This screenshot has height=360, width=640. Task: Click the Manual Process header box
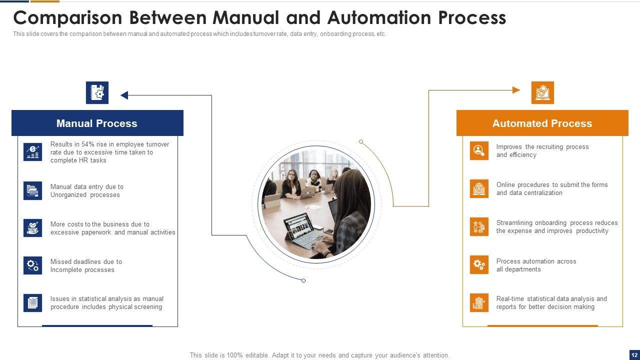[x=97, y=123]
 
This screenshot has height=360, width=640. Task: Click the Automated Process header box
[x=542, y=123]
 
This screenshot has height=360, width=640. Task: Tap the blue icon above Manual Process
[x=97, y=92]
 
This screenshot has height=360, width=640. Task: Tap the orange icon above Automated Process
[x=542, y=92]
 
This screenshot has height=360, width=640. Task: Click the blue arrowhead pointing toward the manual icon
[x=124, y=95]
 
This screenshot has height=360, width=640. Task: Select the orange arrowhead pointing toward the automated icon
[x=516, y=90]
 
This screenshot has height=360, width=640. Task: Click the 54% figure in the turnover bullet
[x=88, y=144]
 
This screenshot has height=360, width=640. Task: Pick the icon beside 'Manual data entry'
[x=32, y=190]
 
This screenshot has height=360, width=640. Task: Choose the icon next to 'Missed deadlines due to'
[x=32, y=265]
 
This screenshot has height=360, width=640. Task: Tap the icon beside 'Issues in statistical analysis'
[x=32, y=303]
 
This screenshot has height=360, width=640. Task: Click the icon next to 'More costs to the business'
[x=32, y=228]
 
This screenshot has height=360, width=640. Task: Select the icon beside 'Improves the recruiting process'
[x=479, y=150]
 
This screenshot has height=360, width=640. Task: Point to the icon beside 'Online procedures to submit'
[x=479, y=188]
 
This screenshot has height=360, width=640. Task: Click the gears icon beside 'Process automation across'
[x=479, y=265]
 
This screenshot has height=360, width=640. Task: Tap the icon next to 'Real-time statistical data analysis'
[x=479, y=303]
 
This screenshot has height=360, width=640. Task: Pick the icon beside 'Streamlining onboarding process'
[x=479, y=226]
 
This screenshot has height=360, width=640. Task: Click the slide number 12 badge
[x=634, y=354]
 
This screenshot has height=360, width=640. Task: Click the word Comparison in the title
[x=67, y=18]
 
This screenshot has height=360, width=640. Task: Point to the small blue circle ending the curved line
[x=303, y=280]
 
